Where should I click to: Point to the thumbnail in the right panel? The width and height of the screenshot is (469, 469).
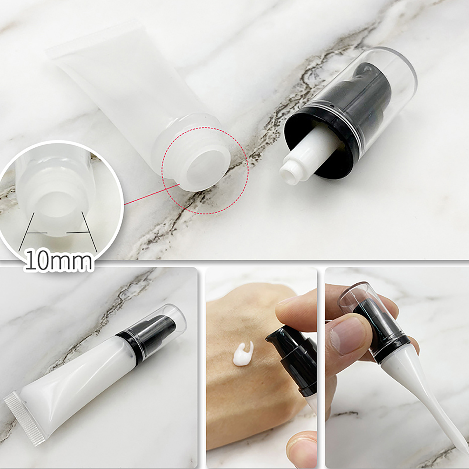coord(346,334)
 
